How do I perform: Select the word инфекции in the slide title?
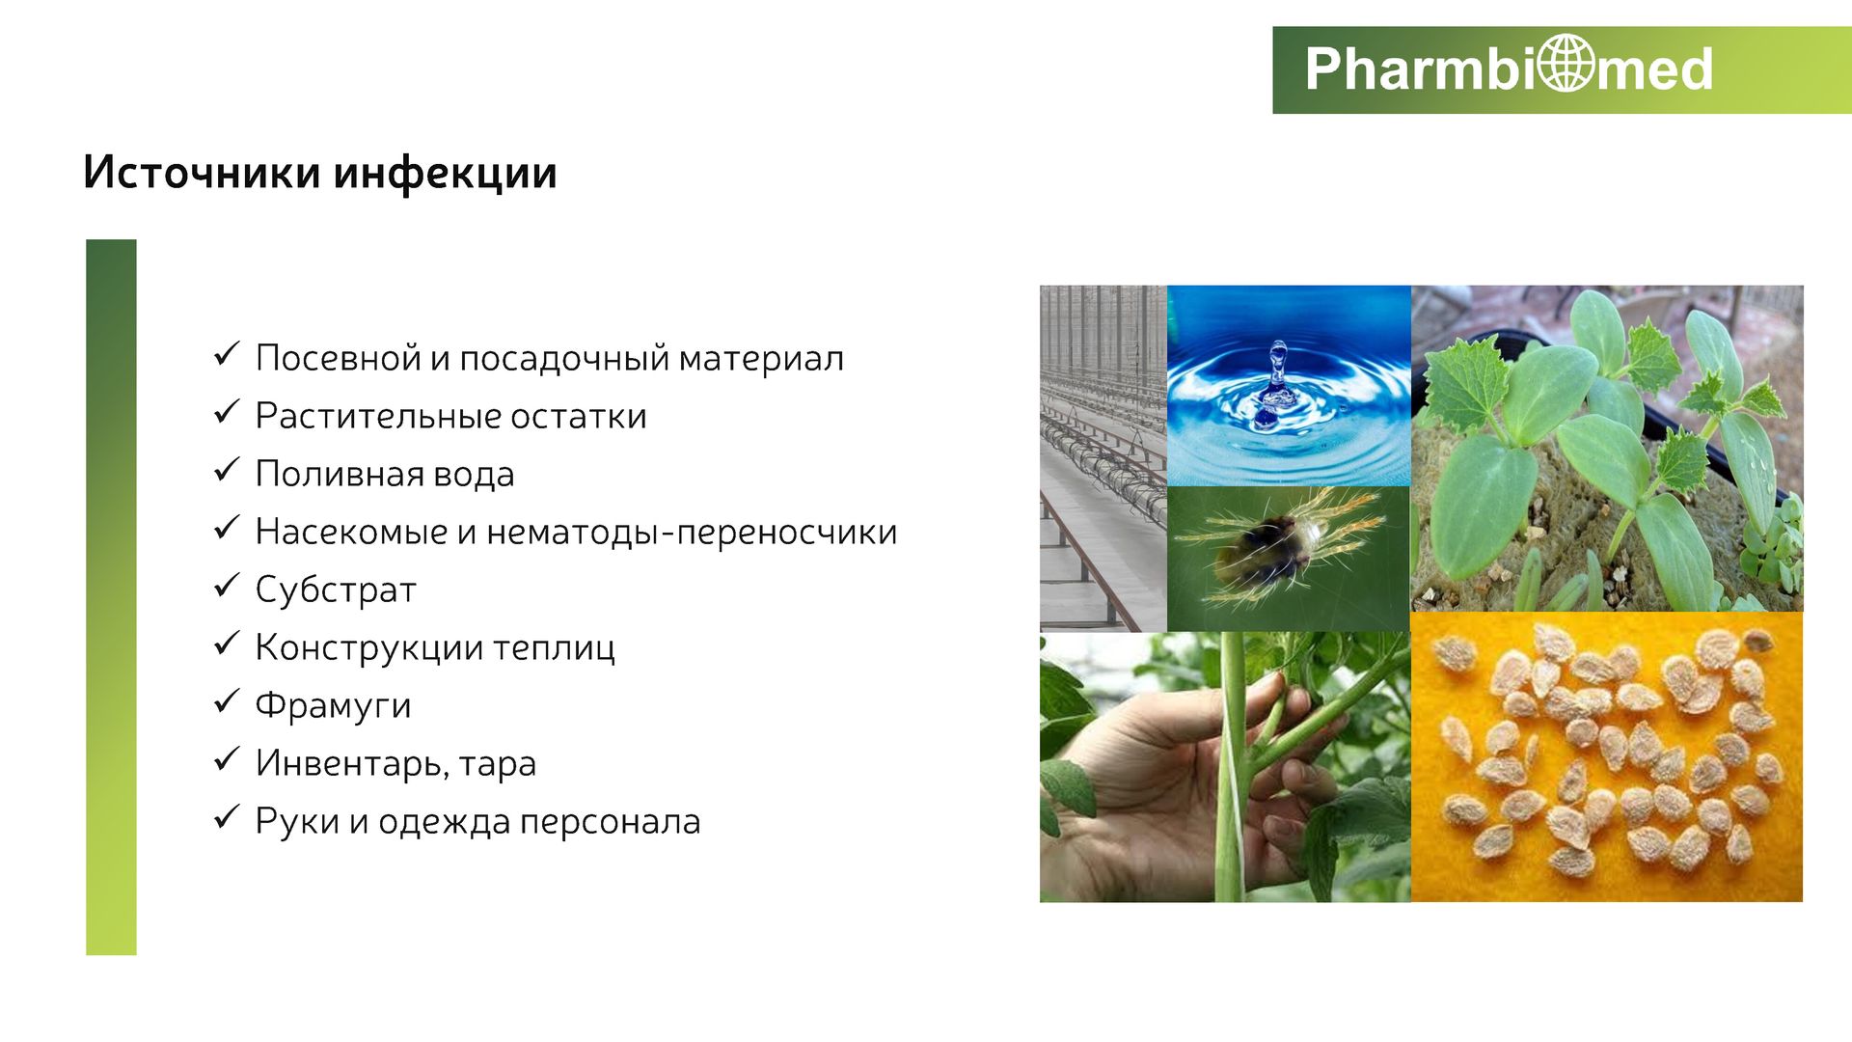[446, 174]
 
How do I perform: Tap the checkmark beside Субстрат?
[226, 585]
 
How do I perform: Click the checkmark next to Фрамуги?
[226, 700]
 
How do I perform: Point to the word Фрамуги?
[333, 705]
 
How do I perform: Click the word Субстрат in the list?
[336, 590]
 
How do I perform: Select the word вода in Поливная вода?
[474, 474]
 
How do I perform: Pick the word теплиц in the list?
[554, 647]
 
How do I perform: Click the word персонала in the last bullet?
[610, 822]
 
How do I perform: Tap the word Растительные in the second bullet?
[377, 416]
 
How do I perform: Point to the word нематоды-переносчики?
[692, 533]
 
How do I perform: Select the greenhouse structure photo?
[1103, 458]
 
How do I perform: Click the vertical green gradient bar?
[111, 597]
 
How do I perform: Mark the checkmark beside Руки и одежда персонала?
[226, 816]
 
